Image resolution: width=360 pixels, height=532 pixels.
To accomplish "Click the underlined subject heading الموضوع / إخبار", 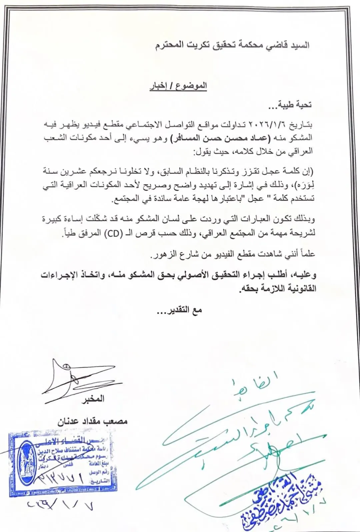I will [178, 86].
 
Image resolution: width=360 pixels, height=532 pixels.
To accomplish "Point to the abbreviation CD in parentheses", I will [113, 233].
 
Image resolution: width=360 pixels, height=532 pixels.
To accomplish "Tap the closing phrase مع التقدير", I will [180, 310].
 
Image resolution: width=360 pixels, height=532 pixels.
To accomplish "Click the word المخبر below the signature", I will [93, 398].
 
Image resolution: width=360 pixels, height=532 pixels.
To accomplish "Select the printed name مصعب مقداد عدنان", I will [93, 421].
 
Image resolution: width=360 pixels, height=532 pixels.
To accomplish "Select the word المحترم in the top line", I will [170, 45].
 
